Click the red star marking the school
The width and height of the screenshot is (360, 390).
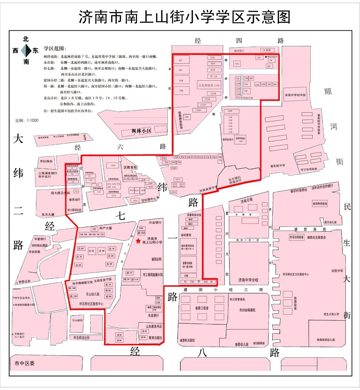(x=138, y=241)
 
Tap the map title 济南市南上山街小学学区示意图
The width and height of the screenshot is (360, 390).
(x=184, y=17)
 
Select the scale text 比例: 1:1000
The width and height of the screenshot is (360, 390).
(x=27, y=120)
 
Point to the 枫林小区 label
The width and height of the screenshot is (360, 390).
(x=141, y=131)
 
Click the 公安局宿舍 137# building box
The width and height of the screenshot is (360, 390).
(x=209, y=86)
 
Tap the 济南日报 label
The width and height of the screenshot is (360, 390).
(x=247, y=201)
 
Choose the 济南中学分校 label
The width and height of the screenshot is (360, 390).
(x=248, y=280)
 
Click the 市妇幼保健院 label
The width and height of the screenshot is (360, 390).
(x=247, y=310)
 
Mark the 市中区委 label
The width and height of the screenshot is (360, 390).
(x=25, y=363)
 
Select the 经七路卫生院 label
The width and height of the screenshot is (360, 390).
(x=60, y=193)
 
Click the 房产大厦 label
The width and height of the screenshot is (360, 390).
(x=106, y=228)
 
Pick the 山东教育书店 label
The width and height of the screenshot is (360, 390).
(x=154, y=326)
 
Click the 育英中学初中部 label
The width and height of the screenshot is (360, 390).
(x=295, y=95)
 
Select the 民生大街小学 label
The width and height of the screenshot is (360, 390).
(x=331, y=314)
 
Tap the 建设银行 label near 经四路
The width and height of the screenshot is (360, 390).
(x=239, y=51)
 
